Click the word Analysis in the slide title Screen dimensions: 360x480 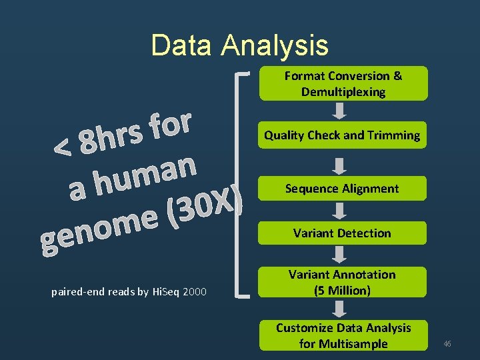click(275, 45)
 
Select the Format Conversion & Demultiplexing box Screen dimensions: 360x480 click(343, 84)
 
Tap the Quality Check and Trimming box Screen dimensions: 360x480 click(343, 135)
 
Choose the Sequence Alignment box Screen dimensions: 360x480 click(343, 189)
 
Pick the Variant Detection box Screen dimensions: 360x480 click(343, 233)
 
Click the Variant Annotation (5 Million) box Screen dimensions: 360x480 click(343, 283)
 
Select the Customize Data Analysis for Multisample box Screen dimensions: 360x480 click(343, 335)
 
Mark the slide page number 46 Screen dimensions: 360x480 click(447, 343)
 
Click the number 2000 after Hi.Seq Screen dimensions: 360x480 click(194, 292)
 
